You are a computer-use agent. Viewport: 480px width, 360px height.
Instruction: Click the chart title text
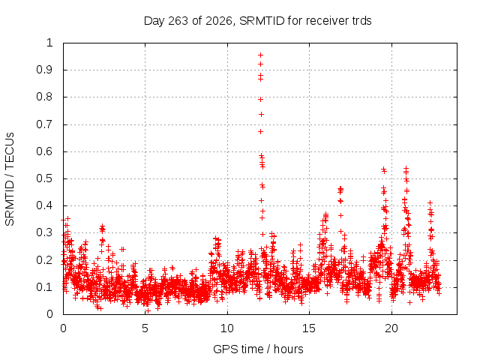pyautogui.click(x=257, y=21)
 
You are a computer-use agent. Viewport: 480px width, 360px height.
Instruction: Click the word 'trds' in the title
pyautogui.click(x=361, y=21)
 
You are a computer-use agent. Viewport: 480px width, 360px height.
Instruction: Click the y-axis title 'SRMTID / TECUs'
pyautogui.click(x=10, y=179)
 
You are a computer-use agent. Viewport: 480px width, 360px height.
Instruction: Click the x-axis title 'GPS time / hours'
pyautogui.click(x=258, y=349)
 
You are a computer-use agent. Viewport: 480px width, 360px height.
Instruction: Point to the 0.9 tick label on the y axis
pyautogui.click(x=45, y=70)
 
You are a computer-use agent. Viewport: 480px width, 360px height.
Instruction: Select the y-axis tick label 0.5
pyautogui.click(x=45, y=178)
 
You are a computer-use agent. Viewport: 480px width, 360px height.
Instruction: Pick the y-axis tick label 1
pyautogui.click(x=50, y=43)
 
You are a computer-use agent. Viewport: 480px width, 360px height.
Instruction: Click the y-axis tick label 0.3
pyautogui.click(x=45, y=232)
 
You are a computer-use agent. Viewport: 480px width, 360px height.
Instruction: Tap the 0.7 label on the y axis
pyautogui.click(x=45, y=124)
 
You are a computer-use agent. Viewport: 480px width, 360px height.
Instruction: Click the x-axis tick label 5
pyautogui.click(x=145, y=328)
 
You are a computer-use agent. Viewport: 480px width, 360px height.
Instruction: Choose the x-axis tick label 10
pyautogui.click(x=227, y=328)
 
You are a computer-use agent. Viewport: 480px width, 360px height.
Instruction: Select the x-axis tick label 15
pyautogui.click(x=309, y=328)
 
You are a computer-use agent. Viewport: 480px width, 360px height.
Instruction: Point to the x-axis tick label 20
pyautogui.click(x=391, y=328)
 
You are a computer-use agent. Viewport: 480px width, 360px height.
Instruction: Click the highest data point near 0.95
pyautogui.click(x=260, y=55)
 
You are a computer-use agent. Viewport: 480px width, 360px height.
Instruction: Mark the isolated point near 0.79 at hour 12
pyautogui.click(x=260, y=100)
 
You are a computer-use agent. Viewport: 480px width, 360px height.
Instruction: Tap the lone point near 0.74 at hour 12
pyautogui.click(x=261, y=115)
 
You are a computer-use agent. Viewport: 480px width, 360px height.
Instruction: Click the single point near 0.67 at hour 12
pyautogui.click(x=260, y=132)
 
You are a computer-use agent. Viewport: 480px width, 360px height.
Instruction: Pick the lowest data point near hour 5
pyautogui.click(x=148, y=311)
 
